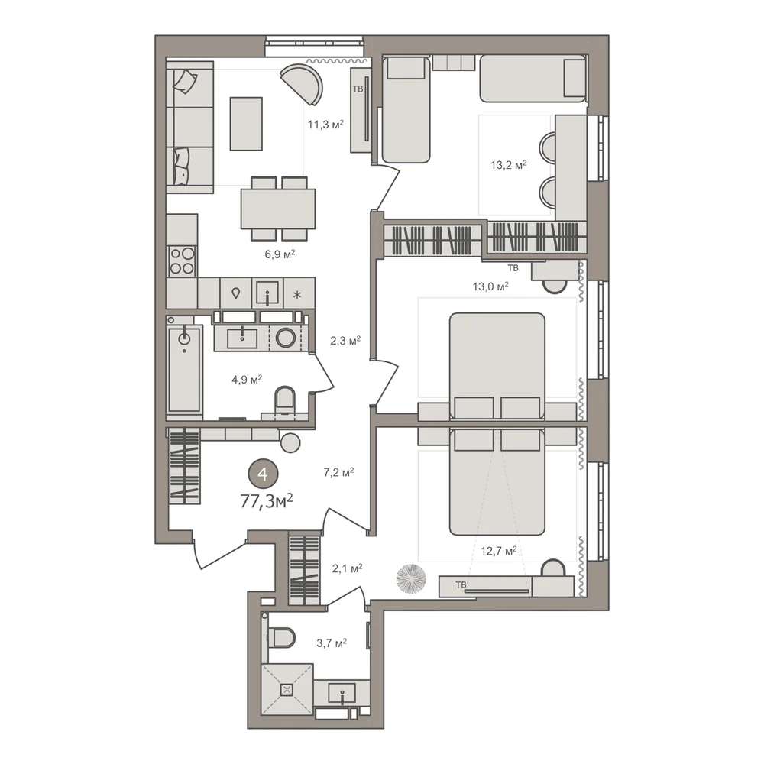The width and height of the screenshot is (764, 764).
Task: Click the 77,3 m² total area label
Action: [267, 500]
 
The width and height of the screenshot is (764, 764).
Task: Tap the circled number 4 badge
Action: [263, 474]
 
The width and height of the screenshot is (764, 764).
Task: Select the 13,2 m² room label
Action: [509, 165]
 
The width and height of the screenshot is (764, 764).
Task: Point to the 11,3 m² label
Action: [325, 125]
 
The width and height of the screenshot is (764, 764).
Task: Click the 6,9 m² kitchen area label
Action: [280, 254]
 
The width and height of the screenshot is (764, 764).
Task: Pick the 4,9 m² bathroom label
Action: [247, 379]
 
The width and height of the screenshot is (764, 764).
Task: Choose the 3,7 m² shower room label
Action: [332, 643]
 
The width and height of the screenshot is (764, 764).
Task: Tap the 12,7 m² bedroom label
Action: [499, 551]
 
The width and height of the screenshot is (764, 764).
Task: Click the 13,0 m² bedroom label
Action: [490, 286]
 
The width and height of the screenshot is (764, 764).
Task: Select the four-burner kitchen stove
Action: [183, 261]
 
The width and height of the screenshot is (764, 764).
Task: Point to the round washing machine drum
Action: [286, 338]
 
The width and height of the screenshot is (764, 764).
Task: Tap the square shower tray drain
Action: [286, 689]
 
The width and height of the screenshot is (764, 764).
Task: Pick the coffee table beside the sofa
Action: [246, 124]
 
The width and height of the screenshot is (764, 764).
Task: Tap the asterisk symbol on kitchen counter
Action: [297, 295]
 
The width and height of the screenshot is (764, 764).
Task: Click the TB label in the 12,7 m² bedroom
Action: [461, 584]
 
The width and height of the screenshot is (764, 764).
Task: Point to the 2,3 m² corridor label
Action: [345, 341]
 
